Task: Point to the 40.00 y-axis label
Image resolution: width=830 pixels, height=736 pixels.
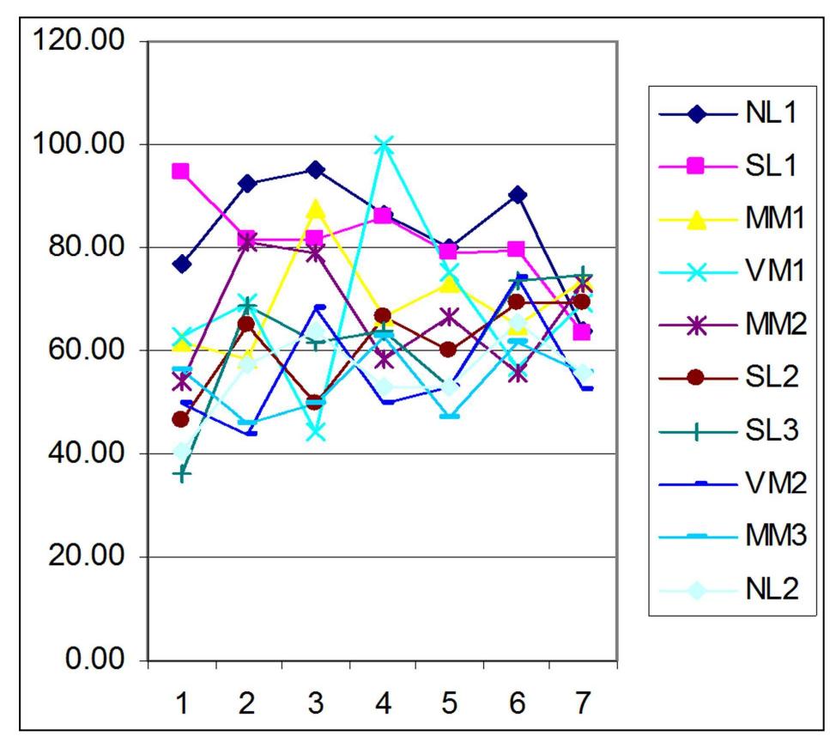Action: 77,454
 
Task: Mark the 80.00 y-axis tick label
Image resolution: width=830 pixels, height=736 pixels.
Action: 77,247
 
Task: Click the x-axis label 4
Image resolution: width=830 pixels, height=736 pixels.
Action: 383,703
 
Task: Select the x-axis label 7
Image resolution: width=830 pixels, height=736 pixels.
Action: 584,703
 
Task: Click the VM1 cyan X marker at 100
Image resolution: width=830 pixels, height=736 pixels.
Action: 383,145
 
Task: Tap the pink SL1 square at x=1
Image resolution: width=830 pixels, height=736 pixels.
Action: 180,172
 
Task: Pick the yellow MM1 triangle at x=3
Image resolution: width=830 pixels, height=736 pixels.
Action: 316,210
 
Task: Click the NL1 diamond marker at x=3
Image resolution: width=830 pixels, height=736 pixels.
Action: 316,170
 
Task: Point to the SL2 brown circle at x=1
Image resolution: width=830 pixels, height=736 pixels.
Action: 180,419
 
